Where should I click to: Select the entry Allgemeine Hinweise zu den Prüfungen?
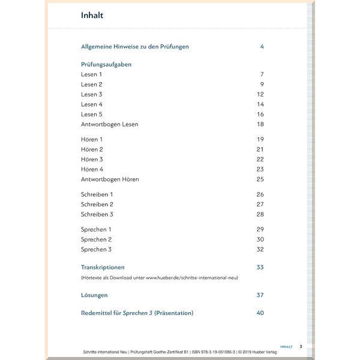(x=135, y=47)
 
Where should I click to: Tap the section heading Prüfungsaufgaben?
(x=106, y=64)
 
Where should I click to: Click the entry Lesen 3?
(x=92, y=94)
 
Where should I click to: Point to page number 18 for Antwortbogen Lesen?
(x=260, y=124)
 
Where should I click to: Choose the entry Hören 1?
(x=92, y=139)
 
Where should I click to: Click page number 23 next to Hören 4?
(x=260, y=169)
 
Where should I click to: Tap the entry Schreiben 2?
(x=97, y=204)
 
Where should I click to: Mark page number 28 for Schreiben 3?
(x=260, y=214)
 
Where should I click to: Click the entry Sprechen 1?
(x=97, y=229)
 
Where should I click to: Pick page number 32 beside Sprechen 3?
(x=260, y=249)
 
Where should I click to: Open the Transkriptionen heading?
(x=103, y=267)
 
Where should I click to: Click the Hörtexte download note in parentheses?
(x=159, y=278)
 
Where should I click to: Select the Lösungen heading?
(x=94, y=295)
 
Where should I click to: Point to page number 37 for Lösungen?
(x=260, y=295)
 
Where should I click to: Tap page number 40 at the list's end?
(x=260, y=313)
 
